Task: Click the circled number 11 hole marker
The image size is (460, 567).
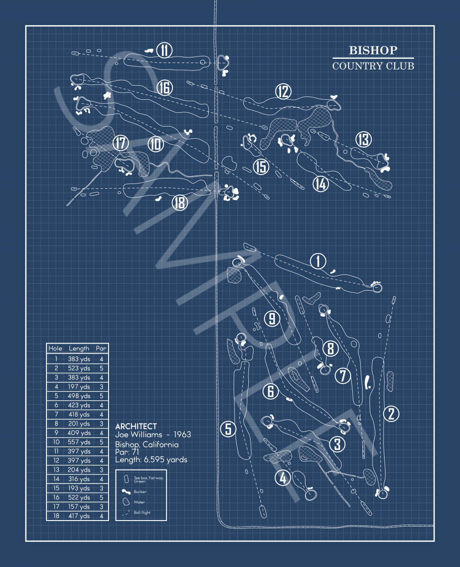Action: [164, 50]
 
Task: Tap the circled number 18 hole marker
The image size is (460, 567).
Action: [180, 202]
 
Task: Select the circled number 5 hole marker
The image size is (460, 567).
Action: [228, 429]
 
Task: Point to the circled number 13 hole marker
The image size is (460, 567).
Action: [363, 139]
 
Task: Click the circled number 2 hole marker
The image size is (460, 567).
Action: [391, 413]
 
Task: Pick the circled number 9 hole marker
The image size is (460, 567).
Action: [272, 318]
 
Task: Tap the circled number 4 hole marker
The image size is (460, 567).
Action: [283, 478]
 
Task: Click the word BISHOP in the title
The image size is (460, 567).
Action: [373, 50]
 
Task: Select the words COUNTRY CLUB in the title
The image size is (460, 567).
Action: [373, 66]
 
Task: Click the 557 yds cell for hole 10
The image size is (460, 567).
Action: [79, 442]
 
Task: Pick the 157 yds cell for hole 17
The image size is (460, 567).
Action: [79, 507]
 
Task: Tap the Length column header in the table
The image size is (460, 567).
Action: [79, 349]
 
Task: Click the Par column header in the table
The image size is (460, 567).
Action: [101, 349]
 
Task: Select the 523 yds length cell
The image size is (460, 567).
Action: [79, 368]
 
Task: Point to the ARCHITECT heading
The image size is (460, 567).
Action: [136, 426]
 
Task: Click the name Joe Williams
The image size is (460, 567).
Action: [139, 435]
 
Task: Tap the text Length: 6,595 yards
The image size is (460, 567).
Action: [151, 459]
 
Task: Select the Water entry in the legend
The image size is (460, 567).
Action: [139, 502]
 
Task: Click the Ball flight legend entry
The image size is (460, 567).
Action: [142, 512]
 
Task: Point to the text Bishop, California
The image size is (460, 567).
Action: [147, 444]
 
